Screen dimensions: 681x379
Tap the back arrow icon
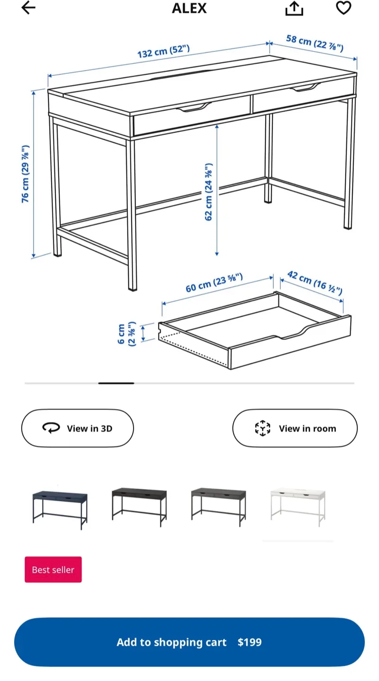click(28, 8)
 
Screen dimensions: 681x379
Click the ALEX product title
click(189, 8)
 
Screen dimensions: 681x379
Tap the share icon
click(294, 8)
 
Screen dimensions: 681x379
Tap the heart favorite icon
click(343, 8)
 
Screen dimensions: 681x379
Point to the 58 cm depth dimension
click(315, 43)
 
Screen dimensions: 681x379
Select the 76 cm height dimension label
click(26, 174)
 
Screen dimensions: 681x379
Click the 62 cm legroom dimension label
click(209, 192)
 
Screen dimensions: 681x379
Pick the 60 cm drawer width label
click(214, 283)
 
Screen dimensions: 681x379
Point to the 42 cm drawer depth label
click(315, 282)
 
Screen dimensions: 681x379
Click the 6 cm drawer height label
click(126, 334)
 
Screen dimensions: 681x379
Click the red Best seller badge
click(53, 569)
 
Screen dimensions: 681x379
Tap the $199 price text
click(249, 642)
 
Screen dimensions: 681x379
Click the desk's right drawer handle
click(306, 87)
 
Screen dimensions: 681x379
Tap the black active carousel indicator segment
click(116, 383)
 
